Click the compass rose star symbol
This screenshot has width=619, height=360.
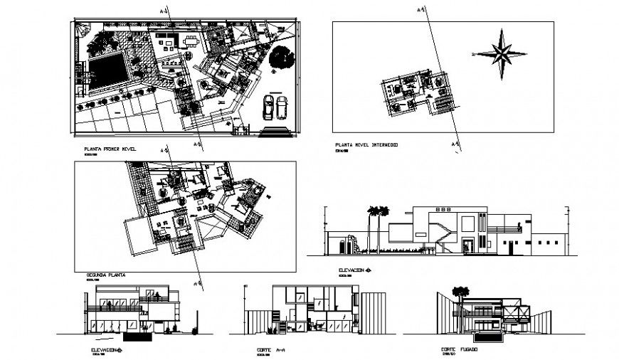(x=502, y=53)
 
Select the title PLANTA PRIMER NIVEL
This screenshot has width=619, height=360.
(x=109, y=149)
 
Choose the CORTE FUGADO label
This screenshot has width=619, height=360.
(x=459, y=350)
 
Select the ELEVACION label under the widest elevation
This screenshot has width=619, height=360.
(x=354, y=270)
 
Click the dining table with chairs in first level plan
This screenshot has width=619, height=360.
(x=190, y=42)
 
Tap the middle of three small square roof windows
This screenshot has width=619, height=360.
(x=441, y=210)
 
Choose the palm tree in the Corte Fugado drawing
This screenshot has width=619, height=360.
(x=461, y=292)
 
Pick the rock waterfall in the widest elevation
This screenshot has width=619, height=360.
(x=346, y=245)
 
